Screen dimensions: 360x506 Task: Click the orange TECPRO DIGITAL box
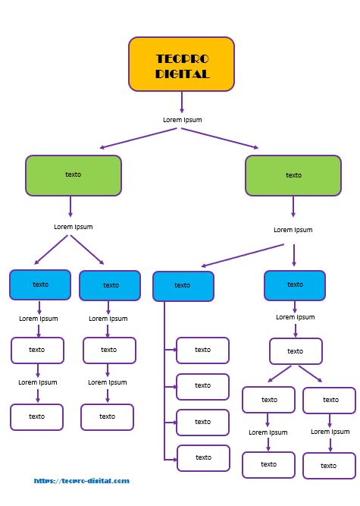181,64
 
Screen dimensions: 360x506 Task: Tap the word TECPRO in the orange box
183,58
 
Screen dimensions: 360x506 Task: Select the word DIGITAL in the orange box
183,74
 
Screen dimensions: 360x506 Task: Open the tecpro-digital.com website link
82,481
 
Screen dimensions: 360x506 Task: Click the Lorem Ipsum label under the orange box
183,120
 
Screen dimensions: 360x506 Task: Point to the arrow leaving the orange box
182,102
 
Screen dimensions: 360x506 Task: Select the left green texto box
74,175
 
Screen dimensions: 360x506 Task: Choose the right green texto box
293,176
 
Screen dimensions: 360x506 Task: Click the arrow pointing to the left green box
138,138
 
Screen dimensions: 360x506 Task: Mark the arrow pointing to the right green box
220,138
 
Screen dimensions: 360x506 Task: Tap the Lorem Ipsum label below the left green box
74,227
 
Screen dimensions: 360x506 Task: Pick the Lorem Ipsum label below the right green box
293,230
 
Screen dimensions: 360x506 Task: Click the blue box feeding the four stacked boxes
183,286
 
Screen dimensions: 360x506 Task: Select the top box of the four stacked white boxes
202,350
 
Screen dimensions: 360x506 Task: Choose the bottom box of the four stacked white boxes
203,458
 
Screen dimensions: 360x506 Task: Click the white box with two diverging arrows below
296,351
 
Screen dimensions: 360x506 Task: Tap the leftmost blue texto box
40,285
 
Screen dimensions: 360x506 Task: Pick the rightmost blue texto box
295,285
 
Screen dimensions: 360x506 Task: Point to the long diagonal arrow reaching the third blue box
243,256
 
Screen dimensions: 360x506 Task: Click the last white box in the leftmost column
36,417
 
